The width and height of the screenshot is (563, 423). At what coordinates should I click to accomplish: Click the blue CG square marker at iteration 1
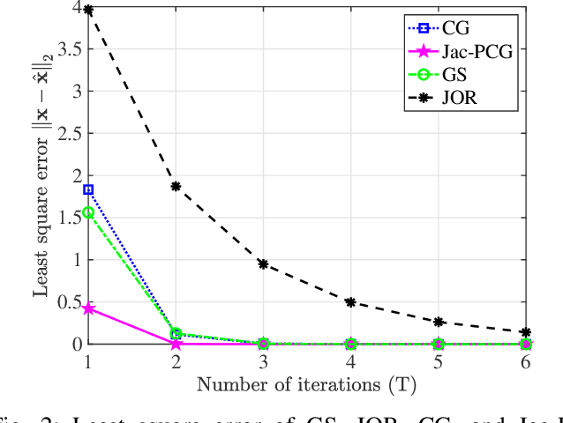pos(88,189)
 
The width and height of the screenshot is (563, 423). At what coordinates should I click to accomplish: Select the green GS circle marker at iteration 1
pos(88,212)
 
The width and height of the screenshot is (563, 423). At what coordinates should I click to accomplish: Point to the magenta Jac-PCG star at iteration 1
pos(88,308)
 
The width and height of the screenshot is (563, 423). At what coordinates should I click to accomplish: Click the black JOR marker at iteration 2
pos(176,186)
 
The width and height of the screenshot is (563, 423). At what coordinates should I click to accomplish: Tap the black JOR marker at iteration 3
pos(264,263)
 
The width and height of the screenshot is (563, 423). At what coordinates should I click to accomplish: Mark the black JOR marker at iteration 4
pos(351,301)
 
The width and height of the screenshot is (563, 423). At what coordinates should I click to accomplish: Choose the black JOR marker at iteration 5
pos(439,322)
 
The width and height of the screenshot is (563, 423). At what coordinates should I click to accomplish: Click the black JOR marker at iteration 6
pos(527,332)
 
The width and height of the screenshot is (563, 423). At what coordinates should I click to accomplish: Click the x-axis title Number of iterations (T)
pos(306,383)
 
